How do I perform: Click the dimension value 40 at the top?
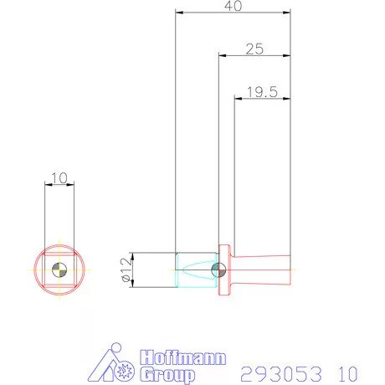[x=234, y=7]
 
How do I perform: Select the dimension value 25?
[x=254, y=49]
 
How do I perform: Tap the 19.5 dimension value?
[x=262, y=92]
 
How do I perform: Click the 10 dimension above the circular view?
[x=59, y=177]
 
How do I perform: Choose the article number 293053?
[x=275, y=372]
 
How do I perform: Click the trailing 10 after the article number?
[x=349, y=372]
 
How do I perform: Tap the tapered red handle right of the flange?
[x=264, y=269]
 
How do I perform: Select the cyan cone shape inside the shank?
[x=198, y=269]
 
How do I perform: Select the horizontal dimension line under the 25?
[x=254, y=57]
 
